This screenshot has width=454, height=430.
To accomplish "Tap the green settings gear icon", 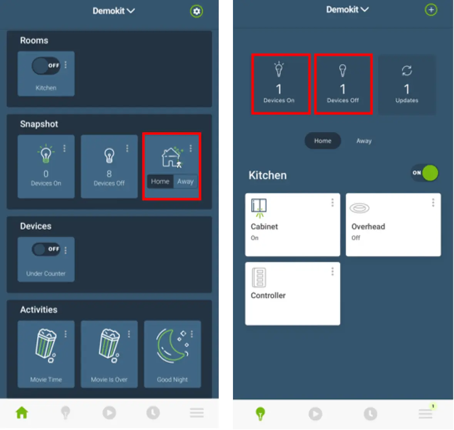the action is [196, 11].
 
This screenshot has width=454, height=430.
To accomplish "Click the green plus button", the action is [431, 10].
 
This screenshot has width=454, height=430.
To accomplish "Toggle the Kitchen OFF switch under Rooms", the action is [46, 66].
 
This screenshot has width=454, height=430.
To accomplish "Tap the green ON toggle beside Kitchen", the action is [425, 173].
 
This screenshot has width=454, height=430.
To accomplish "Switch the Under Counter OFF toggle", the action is [46, 249].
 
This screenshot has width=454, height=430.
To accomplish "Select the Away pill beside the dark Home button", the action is [364, 141].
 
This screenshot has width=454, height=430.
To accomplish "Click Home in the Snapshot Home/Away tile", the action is [160, 181].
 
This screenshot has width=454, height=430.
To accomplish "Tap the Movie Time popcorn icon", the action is [46, 345].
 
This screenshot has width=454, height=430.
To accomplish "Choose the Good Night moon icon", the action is [172, 346].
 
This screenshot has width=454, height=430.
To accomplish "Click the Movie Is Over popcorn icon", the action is [109, 345].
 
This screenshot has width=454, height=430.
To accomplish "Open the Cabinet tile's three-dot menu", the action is [332, 202].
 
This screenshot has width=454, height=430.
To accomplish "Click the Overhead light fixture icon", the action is [359, 208].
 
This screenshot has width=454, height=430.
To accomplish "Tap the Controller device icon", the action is [259, 277].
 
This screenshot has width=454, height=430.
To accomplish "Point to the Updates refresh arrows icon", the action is [407, 70].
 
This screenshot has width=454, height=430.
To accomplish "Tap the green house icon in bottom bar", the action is [22, 412].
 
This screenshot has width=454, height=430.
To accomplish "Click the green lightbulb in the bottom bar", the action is [260, 413].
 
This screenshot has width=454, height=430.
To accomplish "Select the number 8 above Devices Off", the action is [109, 174].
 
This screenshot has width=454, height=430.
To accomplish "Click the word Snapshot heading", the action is [39, 124].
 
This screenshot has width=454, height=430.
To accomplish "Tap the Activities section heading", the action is [39, 310].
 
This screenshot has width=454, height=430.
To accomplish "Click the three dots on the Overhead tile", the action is [433, 202].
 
